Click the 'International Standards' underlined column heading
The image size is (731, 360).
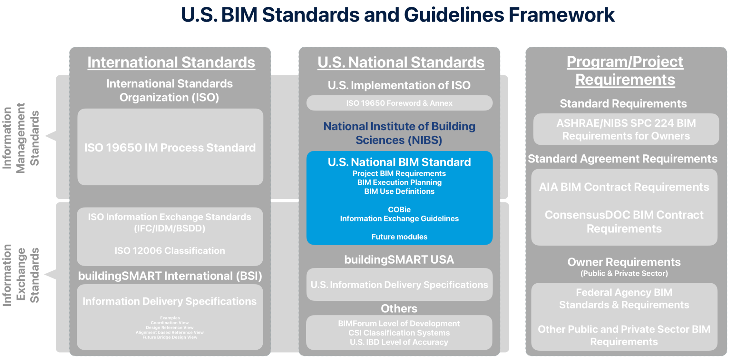(x=171, y=62)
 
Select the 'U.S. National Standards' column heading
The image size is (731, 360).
(x=401, y=62)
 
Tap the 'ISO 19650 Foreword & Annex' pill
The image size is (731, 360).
(x=399, y=103)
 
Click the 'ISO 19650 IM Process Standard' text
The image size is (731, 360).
(x=170, y=147)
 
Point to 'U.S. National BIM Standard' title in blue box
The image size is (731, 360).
(x=399, y=162)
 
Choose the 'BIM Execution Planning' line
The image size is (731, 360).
(x=399, y=182)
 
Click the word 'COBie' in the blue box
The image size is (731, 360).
(x=399, y=210)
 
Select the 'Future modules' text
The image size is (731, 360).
(x=399, y=237)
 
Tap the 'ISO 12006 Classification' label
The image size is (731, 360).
(x=170, y=251)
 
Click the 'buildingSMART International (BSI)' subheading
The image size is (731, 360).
(x=170, y=276)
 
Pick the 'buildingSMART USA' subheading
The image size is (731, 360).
(x=399, y=260)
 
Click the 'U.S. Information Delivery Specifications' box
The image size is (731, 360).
(x=399, y=285)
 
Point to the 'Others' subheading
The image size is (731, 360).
(x=399, y=309)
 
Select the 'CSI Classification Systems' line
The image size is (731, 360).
(x=399, y=333)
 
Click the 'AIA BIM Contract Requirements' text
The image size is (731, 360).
(x=624, y=187)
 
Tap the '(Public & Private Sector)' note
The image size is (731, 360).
(x=624, y=274)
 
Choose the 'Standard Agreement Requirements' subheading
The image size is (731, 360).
(x=622, y=159)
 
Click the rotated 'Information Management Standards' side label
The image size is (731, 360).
(x=20, y=138)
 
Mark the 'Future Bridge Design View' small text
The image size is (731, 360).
(x=170, y=337)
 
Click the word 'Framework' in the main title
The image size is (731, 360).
(x=561, y=15)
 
